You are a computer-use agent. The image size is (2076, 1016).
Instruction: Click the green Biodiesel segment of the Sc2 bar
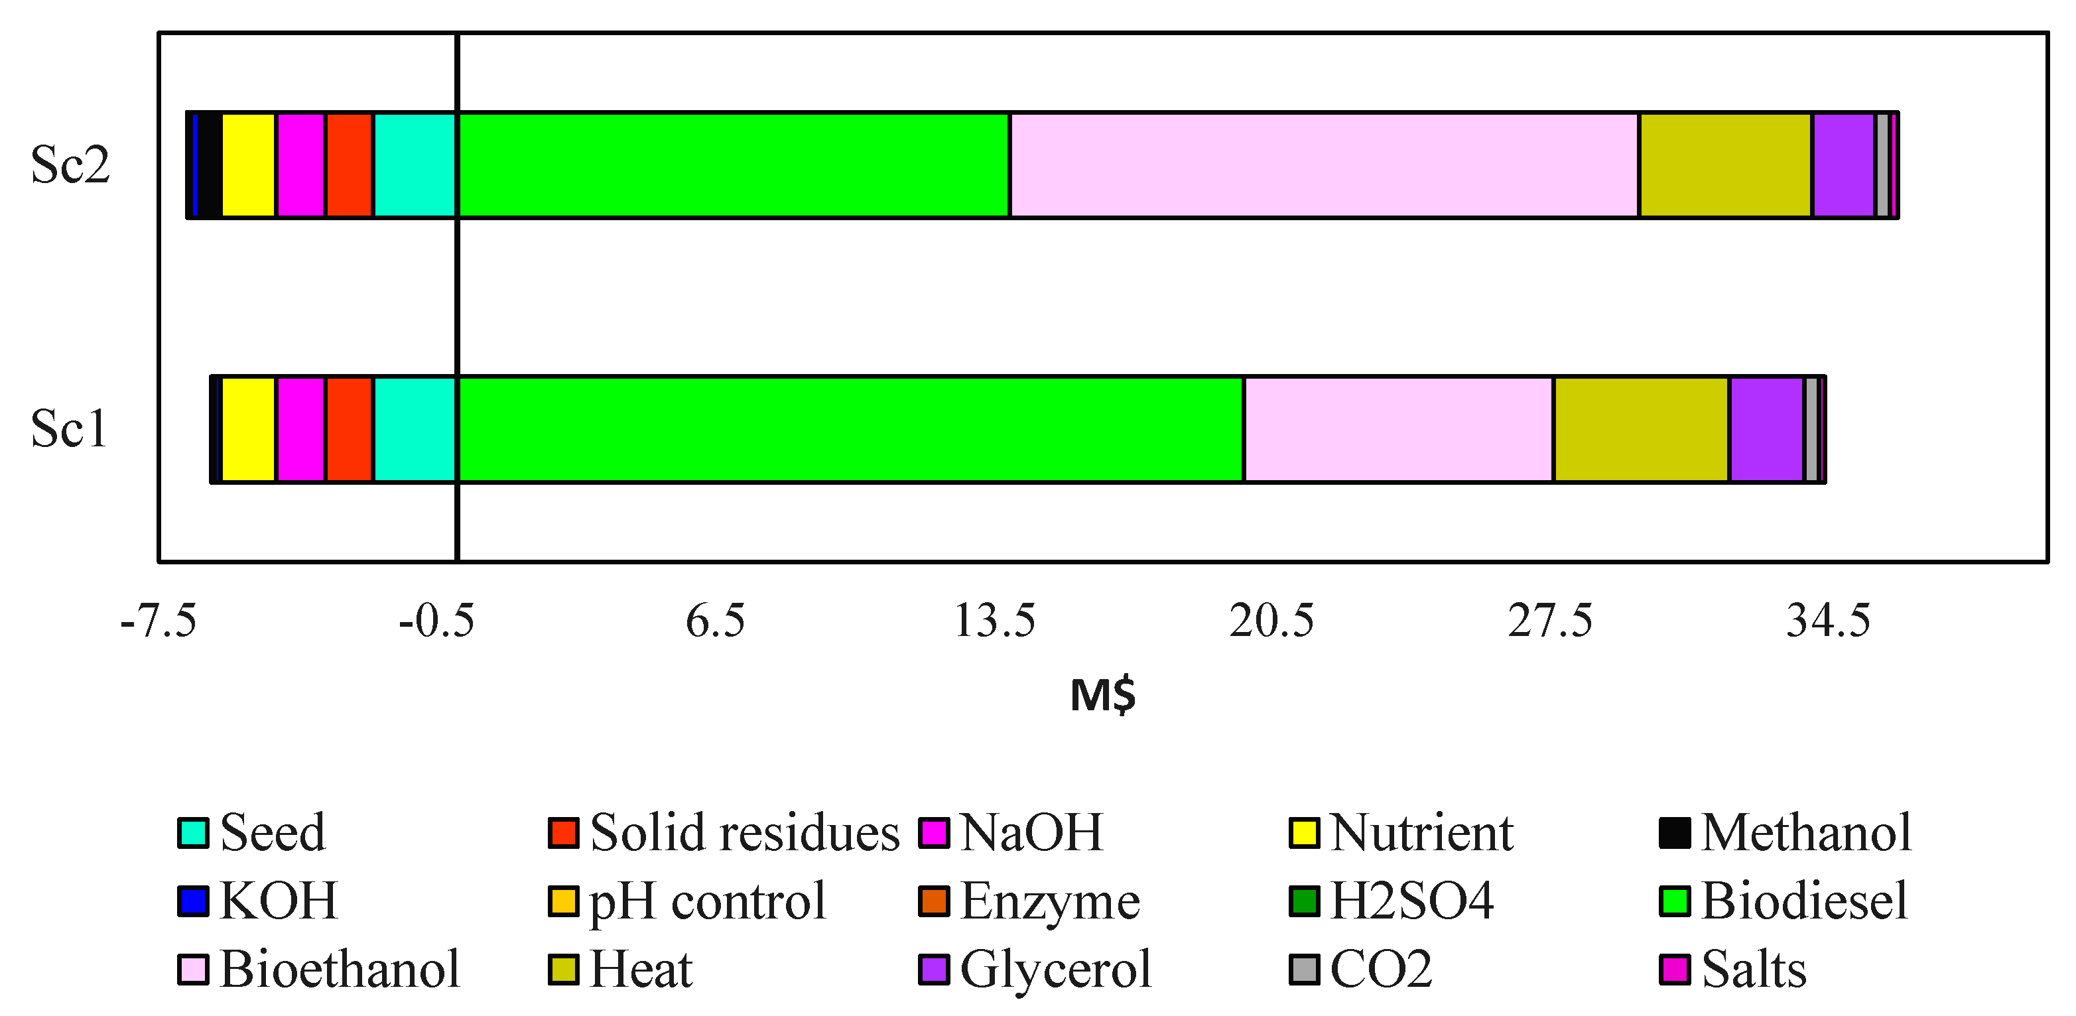(734, 165)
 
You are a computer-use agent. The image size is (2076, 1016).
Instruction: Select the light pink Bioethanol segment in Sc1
(1398, 430)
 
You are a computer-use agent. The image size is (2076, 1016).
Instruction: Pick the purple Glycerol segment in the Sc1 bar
(1766, 430)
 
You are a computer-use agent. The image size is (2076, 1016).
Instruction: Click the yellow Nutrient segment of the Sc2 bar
(249, 165)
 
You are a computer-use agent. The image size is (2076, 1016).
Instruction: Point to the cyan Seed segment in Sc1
(415, 430)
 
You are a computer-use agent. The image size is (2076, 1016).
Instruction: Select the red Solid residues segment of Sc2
(349, 165)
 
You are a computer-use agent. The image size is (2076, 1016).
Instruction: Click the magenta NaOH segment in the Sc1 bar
(300, 430)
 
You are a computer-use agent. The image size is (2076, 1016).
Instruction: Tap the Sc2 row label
(70, 165)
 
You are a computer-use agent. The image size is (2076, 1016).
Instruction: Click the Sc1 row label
(68, 430)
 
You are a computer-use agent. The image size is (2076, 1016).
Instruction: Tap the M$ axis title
(1102, 694)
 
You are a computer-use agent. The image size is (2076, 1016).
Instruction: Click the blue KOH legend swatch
(194, 901)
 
